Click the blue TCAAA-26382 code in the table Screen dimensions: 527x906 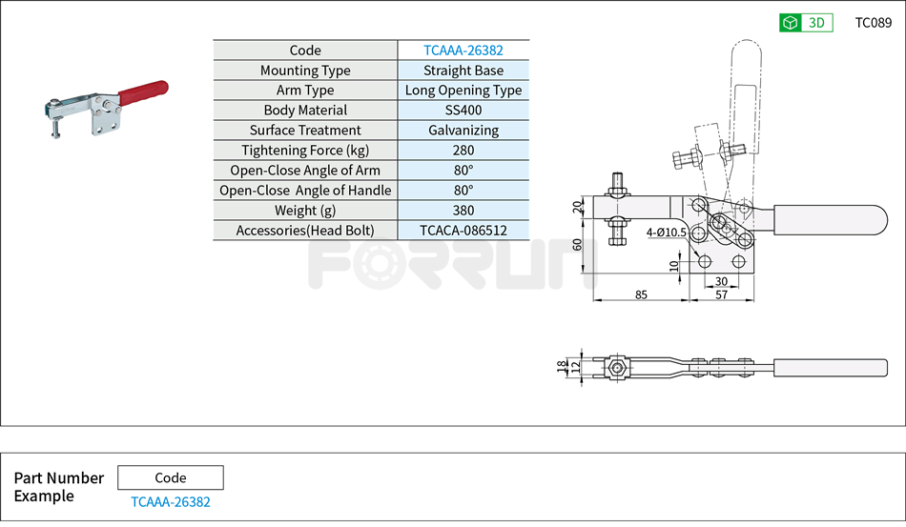tap(463, 51)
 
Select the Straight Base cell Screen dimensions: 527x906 tap(463, 71)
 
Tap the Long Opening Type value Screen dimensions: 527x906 tap(463, 91)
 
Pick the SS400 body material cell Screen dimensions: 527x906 tap(463, 111)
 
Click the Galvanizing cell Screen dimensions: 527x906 tap(463, 131)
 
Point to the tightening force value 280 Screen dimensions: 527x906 tap(463, 151)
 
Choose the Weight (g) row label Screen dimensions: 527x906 tap(305, 211)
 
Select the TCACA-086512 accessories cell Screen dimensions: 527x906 tap(463, 231)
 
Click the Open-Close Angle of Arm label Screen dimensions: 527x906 tap(305, 171)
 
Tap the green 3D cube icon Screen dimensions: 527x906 tap(790, 23)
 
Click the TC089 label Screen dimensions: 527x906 tap(873, 23)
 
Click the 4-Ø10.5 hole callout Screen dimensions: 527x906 tap(666, 232)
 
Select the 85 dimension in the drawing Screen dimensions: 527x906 tap(641, 295)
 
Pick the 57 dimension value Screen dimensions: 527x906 tap(721, 295)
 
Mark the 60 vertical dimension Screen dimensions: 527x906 tap(577, 244)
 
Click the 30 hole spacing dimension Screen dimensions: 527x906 tap(721, 281)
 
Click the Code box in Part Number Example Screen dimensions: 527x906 tap(171, 477)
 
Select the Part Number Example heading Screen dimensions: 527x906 tap(58, 487)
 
